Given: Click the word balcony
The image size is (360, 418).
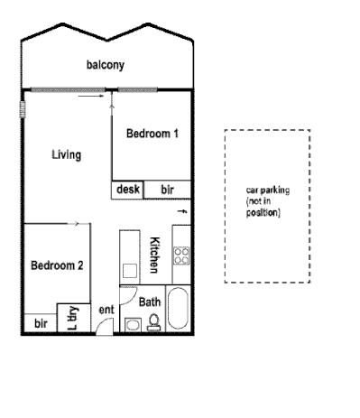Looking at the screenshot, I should [x=106, y=65].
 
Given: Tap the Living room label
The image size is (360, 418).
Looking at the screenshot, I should [x=66, y=154].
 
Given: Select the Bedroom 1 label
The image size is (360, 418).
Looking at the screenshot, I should [x=152, y=134].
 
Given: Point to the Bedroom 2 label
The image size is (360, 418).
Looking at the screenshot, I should [x=57, y=265].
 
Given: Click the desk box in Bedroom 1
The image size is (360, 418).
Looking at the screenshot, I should [x=128, y=190].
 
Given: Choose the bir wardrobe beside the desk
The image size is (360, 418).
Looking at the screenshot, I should [x=168, y=190].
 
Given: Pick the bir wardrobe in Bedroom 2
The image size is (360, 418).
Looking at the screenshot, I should [x=41, y=323].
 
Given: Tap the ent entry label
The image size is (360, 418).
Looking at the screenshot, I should [x=106, y=311].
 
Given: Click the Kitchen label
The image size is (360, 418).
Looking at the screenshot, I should [x=154, y=255].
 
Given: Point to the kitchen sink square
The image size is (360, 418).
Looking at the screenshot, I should [x=129, y=268].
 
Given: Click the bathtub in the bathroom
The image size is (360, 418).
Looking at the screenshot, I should [x=177, y=311].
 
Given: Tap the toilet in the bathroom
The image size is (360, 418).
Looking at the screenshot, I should [x=153, y=323].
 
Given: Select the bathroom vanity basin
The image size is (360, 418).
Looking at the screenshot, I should [x=133, y=324].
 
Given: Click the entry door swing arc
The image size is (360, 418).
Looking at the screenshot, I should [x=106, y=325].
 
